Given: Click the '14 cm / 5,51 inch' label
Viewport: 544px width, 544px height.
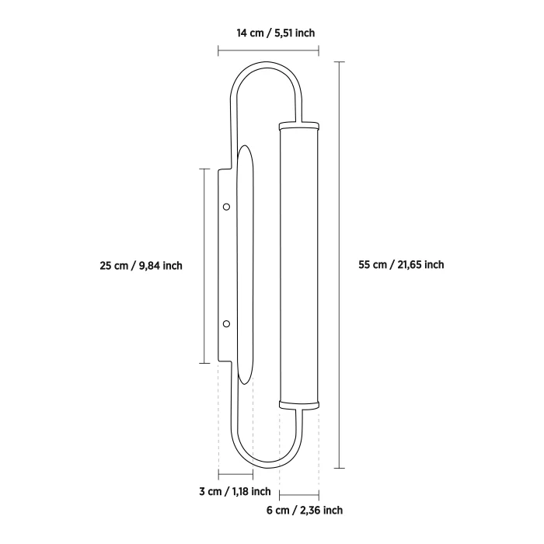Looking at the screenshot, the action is tap(276, 33).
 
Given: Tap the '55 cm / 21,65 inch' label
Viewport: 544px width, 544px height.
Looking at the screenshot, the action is tap(401, 265).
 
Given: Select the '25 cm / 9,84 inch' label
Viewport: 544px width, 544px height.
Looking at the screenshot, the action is tap(141, 266).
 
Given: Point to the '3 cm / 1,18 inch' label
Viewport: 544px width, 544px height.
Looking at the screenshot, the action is tap(235, 492).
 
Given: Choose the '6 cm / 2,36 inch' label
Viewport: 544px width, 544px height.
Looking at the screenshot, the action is tap(305, 511).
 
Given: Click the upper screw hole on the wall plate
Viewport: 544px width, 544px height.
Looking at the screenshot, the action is tap(226, 207).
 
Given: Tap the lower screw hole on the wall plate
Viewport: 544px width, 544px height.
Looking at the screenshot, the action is tap(226, 324).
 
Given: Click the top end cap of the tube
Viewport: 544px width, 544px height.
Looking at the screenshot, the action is tap(298, 125).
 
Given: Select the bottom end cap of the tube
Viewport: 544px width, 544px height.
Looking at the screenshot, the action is tap(298, 405).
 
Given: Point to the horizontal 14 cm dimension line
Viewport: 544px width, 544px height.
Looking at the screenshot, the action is tap(268, 51).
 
